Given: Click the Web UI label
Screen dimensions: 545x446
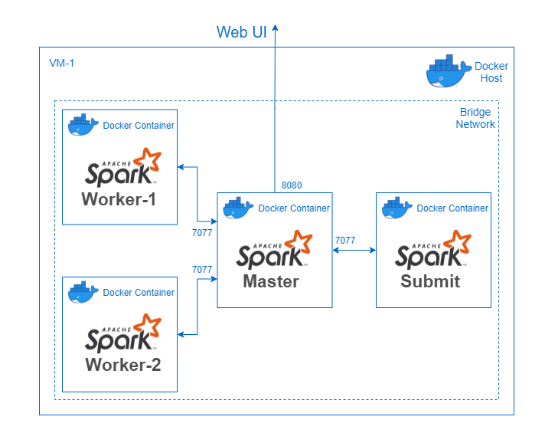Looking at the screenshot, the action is [x=242, y=32].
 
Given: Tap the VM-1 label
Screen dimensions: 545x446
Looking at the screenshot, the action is [x=61, y=63].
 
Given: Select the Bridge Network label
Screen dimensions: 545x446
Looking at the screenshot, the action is [x=475, y=118].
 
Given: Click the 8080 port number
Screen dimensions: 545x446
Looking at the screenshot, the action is [x=292, y=185].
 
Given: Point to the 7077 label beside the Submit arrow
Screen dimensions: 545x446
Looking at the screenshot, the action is [x=345, y=241].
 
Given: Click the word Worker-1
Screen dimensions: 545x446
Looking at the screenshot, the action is [x=119, y=199].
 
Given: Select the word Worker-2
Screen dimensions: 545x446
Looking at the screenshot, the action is [x=123, y=365].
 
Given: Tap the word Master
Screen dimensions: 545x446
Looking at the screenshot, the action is [x=271, y=281].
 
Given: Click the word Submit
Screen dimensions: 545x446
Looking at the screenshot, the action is [x=430, y=281].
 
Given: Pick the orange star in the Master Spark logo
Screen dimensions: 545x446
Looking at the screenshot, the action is [x=299, y=241].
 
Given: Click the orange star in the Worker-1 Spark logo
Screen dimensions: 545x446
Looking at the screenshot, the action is [x=148, y=159].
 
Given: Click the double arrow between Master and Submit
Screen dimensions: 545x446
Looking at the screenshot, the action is [x=354, y=250].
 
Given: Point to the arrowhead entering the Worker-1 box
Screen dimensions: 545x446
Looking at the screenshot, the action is [x=181, y=167].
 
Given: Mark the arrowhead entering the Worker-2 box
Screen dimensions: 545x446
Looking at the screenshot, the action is [x=181, y=335].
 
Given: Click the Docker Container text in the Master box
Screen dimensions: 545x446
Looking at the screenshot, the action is [x=294, y=208].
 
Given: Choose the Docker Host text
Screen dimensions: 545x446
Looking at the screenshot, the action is [x=491, y=72].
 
